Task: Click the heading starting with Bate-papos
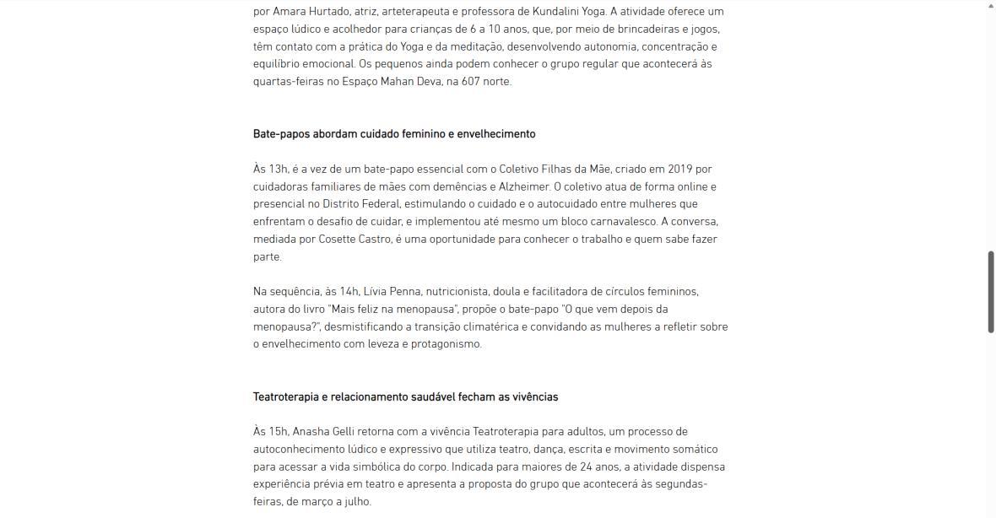pos(394,134)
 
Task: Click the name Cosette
pos(339,240)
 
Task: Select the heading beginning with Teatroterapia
pos(405,397)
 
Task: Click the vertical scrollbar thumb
pos(991,291)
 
